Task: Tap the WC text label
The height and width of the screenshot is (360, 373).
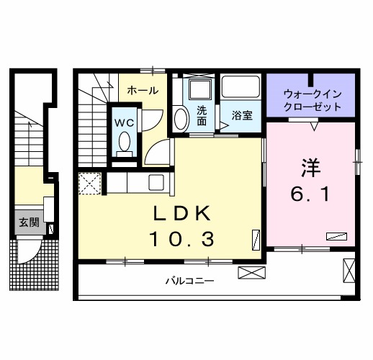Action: pos(123,122)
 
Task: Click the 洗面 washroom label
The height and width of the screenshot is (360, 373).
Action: pos(202,115)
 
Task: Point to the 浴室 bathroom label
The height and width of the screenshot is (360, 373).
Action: pos(241,115)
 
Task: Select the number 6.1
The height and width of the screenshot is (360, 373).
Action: pos(310,194)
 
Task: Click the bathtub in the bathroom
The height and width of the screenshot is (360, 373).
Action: pos(241,87)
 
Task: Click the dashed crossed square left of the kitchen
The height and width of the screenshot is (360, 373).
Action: pos(89,184)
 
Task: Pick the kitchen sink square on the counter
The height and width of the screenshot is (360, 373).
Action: pos(154,181)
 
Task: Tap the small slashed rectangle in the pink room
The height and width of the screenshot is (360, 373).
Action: pos(336,235)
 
